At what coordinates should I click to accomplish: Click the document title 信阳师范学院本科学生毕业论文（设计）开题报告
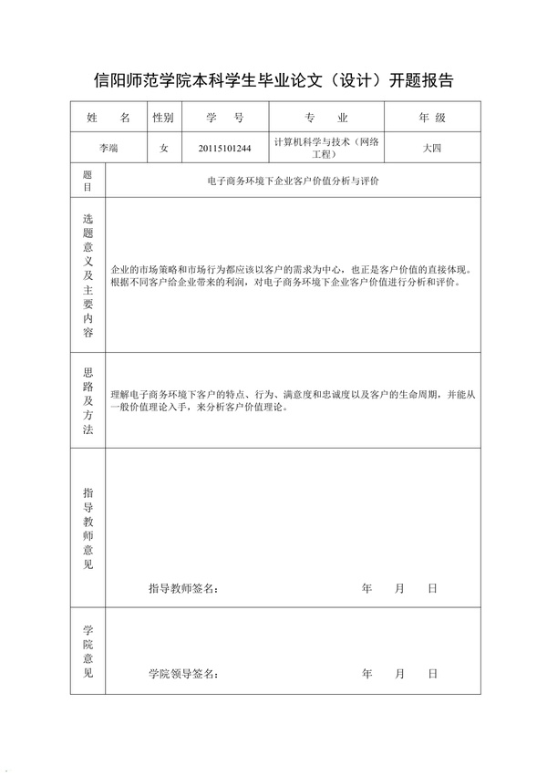(x=274, y=81)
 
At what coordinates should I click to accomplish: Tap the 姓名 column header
(x=108, y=119)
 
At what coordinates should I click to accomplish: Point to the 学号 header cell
(x=225, y=119)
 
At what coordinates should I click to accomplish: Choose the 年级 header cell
(x=431, y=119)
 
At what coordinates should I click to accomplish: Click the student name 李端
(x=108, y=147)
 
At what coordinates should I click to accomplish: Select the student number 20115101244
(x=225, y=147)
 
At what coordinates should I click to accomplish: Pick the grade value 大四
(x=431, y=147)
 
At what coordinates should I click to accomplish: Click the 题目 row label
(x=88, y=181)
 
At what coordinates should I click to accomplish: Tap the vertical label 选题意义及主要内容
(x=88, y=275)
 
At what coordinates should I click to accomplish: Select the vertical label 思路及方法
(x=88, y=400)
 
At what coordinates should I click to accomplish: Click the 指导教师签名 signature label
(x=183, y=589)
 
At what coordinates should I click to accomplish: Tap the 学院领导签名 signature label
(x=183, y=674)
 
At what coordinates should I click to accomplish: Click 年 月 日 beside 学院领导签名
(x=399, y=674)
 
